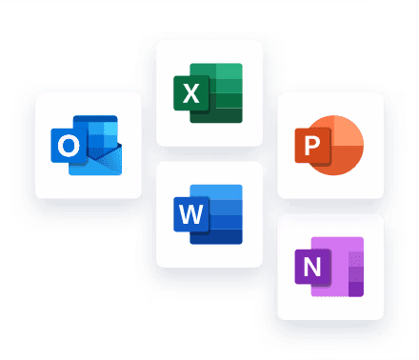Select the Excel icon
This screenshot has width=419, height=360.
pyautogui.click(x=209, y=92)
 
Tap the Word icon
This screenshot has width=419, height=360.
pyautogui.click(x=209, y=213)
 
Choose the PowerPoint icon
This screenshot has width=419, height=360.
pyautogui.click(x=329, y=146)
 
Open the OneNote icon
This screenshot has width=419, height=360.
pyautogui.click(x=329, y=266)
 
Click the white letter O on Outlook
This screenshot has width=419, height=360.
pyautogui.click(x=69, y=146)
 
